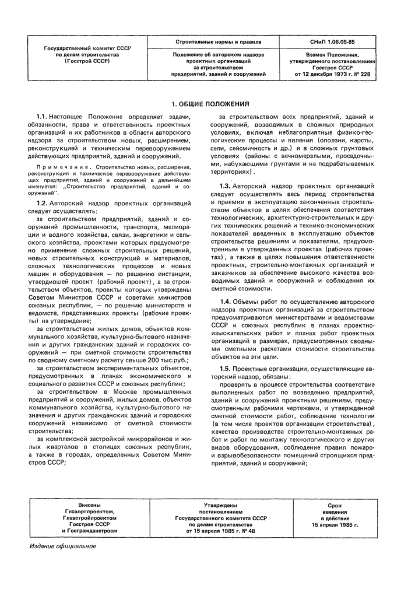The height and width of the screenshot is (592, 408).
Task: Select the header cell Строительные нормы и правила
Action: [219, 43]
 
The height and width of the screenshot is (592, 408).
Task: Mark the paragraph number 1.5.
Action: [220, 369]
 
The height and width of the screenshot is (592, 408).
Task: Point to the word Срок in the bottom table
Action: [335, 506]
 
